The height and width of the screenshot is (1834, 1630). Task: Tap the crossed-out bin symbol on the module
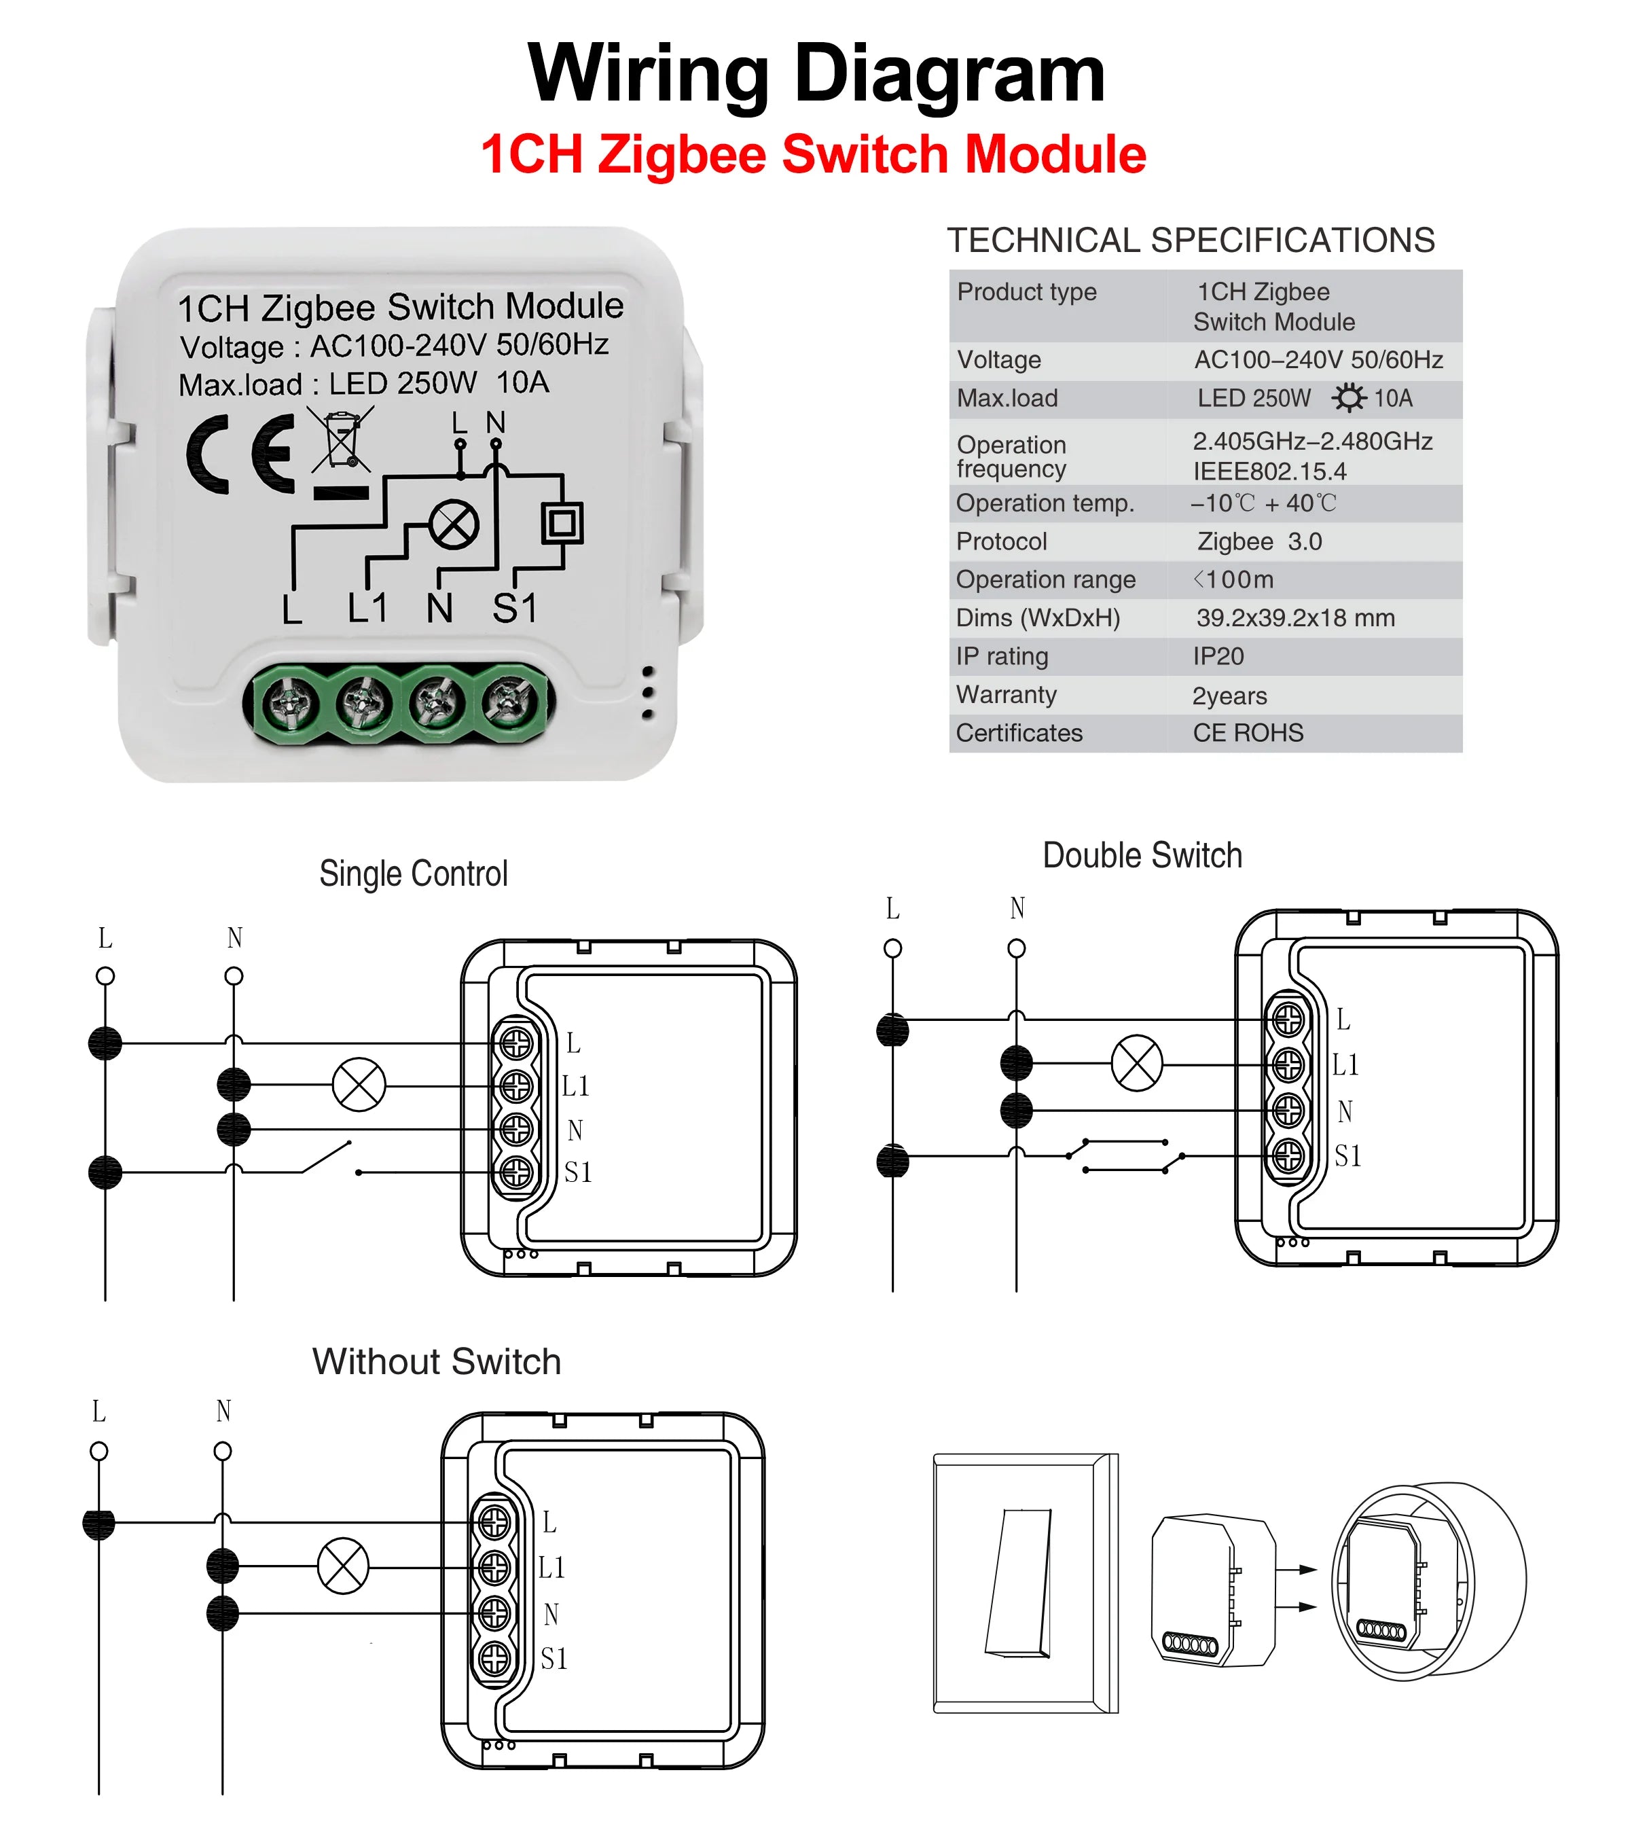(x=341, y=439)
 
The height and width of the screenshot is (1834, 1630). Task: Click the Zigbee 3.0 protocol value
(x=1258, y=541)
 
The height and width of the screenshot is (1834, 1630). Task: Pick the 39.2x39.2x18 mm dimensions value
(x=1294, y=617)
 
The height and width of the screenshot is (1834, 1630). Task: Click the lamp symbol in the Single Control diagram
(x=359, y=1084)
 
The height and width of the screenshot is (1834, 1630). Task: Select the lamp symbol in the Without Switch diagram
(x=343, y=1566)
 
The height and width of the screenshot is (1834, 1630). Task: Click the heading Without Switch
(x=436, y=1361)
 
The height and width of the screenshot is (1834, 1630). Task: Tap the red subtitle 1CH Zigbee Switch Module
(x=813, y=154)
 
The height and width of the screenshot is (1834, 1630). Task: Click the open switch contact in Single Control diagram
(x=328, y=1157)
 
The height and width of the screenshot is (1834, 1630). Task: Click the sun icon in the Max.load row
(x=1347, y=397)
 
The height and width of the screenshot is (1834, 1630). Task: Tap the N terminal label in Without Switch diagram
(x=551, y=1614)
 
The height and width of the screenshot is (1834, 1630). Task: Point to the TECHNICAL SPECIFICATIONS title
(x=1191, y=240)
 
